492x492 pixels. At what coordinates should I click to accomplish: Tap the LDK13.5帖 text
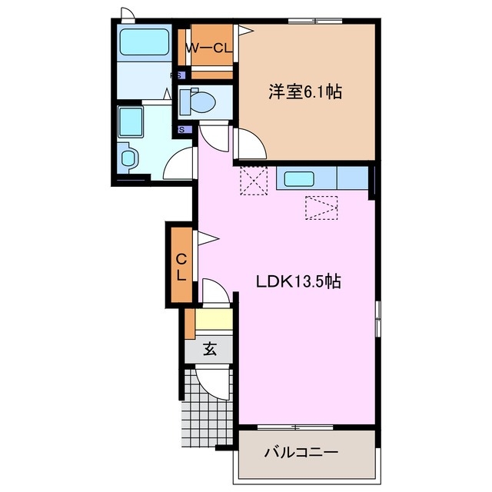click(x=298, y=282)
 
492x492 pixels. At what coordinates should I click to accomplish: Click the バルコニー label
click(x=302, y=452)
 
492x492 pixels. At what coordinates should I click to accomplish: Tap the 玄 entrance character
click(x=209, y=349)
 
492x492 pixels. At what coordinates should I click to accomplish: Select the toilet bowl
click(x=204, y=101)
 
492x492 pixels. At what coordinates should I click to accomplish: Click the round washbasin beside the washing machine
click(x=129, y=158)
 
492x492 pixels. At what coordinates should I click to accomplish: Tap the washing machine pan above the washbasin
click(x=132, y=121)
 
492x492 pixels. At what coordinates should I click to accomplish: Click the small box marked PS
click(x=177, y=75)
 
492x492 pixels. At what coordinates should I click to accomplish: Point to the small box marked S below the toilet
click(x=183, y=129)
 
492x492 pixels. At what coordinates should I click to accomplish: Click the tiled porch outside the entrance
click(x=198, y=416)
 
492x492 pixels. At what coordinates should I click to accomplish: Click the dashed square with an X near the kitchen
click(x=251, y=181)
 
